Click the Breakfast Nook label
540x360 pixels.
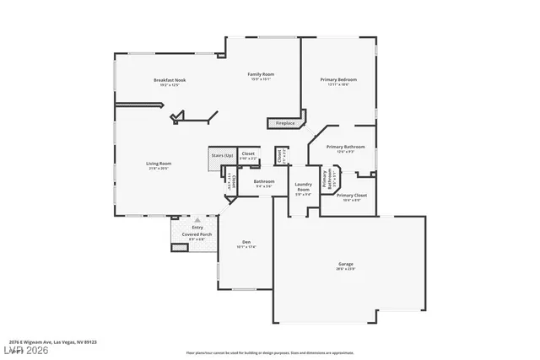[170, 80]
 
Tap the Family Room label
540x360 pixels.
[261, 74]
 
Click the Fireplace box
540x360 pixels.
[285, 123]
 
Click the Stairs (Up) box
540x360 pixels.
[222, 155]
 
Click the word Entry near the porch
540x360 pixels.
[197, 227]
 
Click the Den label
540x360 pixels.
[246, 241]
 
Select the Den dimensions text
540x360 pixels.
[246, 246]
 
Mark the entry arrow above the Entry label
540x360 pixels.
[197, 219]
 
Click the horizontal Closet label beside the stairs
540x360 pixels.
[248, 154]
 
